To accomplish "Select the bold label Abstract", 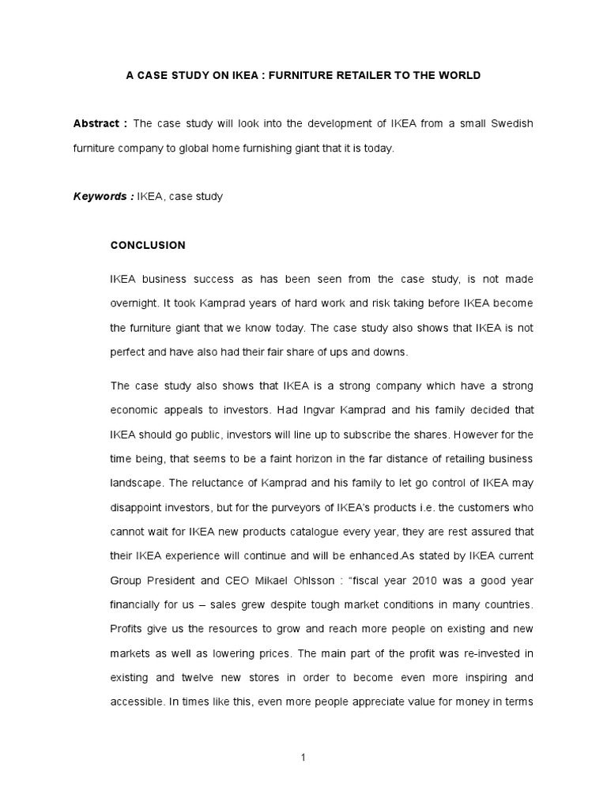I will [95, 124].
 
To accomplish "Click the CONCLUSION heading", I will [148, 246].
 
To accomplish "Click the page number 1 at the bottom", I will [303, 758].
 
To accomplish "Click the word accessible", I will [137, 702].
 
